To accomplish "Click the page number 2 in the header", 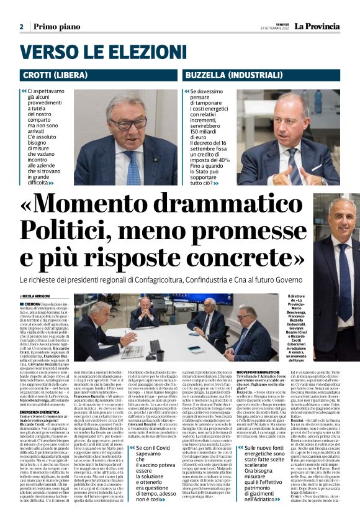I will point(21,27).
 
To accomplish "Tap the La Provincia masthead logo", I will point(320,26).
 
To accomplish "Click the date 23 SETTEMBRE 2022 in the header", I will point(276,29).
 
